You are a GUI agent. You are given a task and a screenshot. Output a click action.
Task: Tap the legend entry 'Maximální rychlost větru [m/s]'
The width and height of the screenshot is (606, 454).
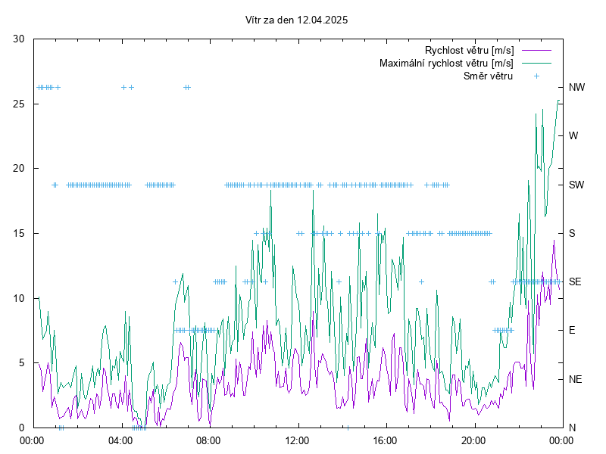pos(446,63)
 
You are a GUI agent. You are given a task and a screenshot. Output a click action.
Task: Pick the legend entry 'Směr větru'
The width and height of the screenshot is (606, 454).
pos(488,76)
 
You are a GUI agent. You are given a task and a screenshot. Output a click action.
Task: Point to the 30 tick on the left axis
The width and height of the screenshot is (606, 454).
pos(19,39)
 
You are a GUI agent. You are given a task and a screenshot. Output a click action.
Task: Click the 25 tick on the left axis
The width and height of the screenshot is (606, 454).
pos(19,104)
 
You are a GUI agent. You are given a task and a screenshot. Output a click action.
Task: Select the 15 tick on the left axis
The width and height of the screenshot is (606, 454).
pos(19,233)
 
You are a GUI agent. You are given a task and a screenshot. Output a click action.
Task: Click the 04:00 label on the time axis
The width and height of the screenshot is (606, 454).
pos(120,440)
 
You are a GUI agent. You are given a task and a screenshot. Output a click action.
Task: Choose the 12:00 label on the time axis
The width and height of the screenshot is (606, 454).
pos(297,440)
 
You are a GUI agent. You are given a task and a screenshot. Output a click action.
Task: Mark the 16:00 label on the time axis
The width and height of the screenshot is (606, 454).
pos(386,440)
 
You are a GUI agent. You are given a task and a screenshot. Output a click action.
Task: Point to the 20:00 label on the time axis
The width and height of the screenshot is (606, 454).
pos(473,440)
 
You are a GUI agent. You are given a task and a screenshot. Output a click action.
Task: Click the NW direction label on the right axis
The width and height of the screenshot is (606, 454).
pos(576,88)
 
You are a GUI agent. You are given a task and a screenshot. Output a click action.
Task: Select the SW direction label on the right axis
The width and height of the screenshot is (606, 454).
pos(576,185)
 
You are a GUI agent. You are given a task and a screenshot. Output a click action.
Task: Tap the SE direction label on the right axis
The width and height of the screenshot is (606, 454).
pos(575,281)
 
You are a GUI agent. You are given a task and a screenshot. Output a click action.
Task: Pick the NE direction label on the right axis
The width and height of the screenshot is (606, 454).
pos(575,379)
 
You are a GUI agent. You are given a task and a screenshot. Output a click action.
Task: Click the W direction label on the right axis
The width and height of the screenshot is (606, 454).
pos(573,136)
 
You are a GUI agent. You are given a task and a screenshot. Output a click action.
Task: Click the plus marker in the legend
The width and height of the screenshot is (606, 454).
pos(536,76)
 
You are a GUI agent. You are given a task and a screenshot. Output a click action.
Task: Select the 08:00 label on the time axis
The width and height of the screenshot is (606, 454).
pos(209,440)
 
